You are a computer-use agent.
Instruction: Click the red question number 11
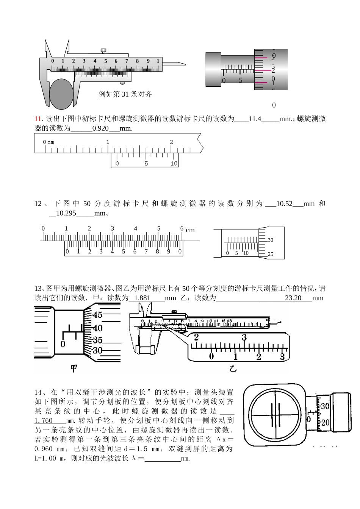point(38,119)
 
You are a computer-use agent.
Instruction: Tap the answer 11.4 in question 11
point(255,119)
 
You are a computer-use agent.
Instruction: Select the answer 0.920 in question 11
point(100,128)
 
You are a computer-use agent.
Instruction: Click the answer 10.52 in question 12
point(284,204)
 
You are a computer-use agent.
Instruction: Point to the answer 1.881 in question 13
point(142,298)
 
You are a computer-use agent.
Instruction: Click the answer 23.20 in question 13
point(293,298)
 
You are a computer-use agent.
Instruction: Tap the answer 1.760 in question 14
point(44,421)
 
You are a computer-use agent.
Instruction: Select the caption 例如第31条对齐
point(125,94)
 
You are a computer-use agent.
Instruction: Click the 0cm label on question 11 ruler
point(49,142)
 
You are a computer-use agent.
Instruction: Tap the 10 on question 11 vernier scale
point(174,164)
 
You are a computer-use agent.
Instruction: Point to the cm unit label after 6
point(190,230)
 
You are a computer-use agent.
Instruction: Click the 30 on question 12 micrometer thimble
point(271,240)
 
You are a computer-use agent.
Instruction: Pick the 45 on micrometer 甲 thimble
point(97,315)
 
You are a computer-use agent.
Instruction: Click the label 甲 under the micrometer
point(74,368)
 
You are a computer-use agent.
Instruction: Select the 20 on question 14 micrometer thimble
point(325,423)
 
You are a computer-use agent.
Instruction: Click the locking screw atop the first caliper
point(103,50)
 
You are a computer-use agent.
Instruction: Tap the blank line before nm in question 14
point(163,459)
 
